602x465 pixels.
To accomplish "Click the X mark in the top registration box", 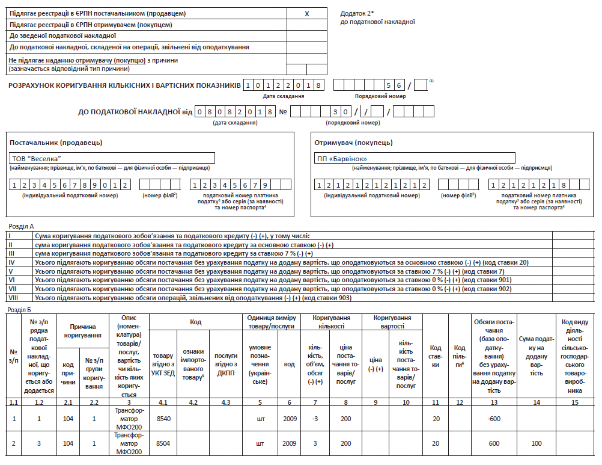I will [x=307, y=13].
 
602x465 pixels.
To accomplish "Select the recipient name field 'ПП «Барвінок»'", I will [x=341, y=159].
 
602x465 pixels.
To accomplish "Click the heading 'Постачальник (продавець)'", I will [x=56, y=143].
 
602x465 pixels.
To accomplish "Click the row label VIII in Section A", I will [x=11, y=298].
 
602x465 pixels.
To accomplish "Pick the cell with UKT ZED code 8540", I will [x=163, y=418].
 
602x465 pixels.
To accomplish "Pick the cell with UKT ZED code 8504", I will [x=163, y=444].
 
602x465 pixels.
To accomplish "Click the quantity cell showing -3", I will [x=315, y=418].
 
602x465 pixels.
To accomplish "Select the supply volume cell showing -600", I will [x=493, y=418].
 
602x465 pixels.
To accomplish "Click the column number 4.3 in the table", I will [x=225, y=402].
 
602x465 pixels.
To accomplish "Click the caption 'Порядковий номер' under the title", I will [x=380, y=96].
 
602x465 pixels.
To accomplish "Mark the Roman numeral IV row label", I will [x=11, y=262].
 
